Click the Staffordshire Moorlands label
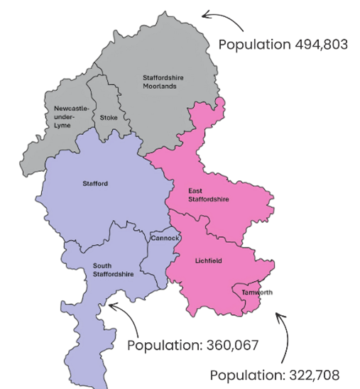coord(159,82)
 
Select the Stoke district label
coord(109,117)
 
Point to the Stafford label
coord(95,184)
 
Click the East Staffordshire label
coord(208,195)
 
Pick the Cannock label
coord(165,239)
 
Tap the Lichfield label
coord(208,261)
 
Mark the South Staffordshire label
coord(113,270)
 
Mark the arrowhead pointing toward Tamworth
coord(278,314)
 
